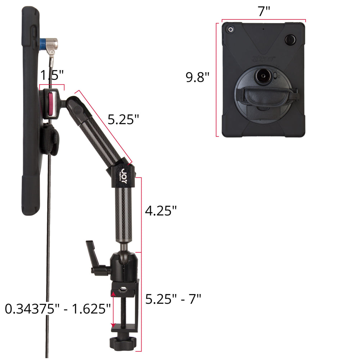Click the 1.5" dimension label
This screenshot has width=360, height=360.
point(52,75)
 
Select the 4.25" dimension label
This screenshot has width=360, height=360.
point(161,211)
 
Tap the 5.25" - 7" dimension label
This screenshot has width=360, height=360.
point(174,299)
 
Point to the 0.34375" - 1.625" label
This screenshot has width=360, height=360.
point(58,309)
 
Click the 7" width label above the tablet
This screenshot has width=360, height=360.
point(264,11)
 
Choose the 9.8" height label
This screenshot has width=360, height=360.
point(197,77)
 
